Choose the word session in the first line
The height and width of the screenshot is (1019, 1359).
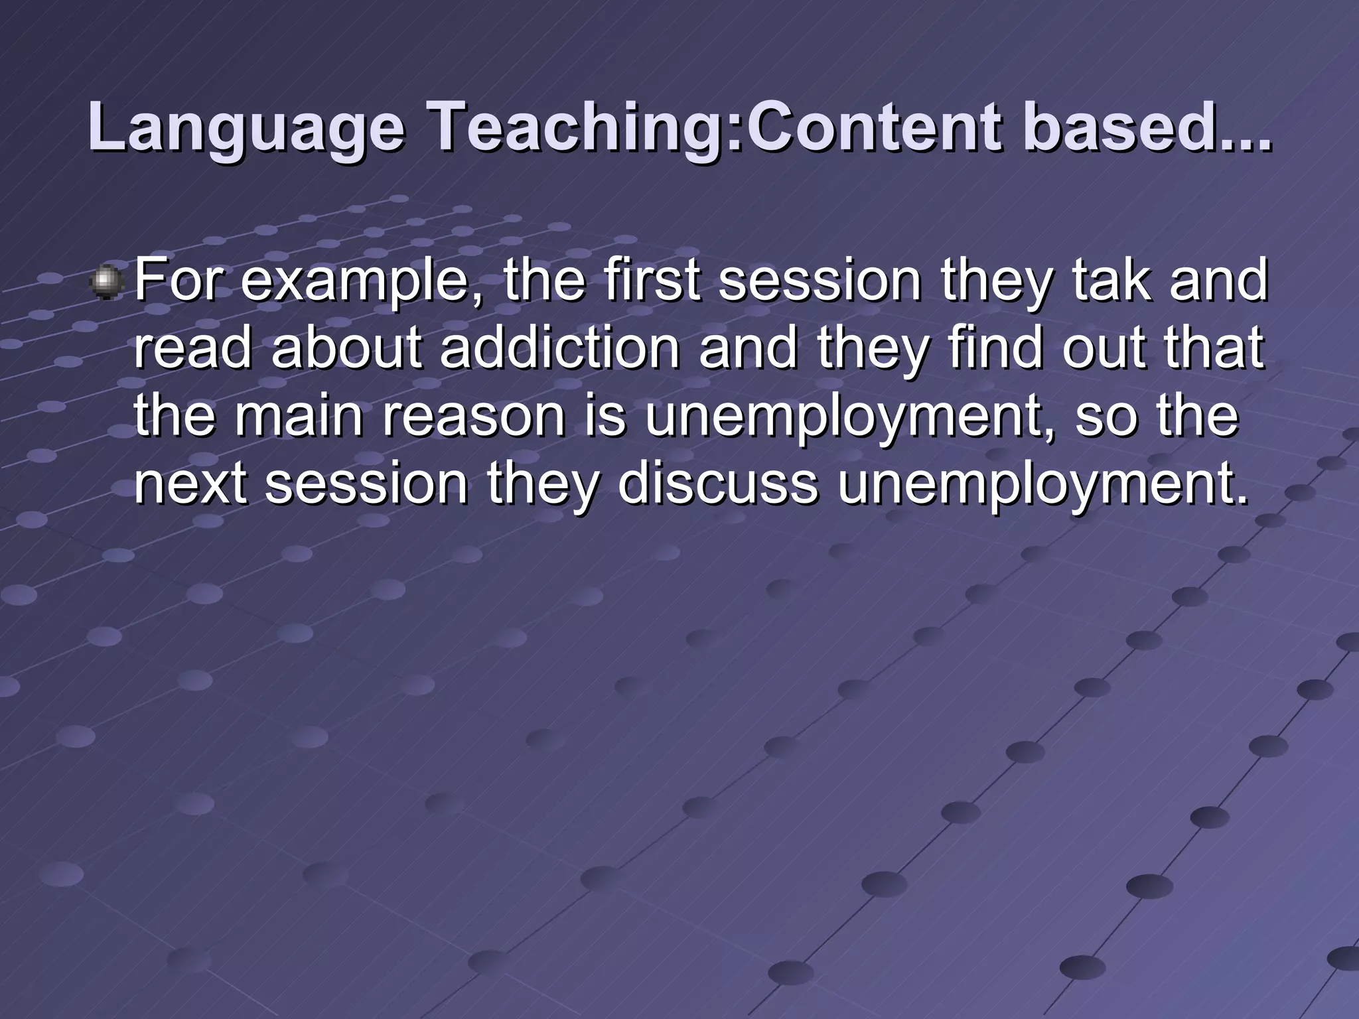point(820,280)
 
